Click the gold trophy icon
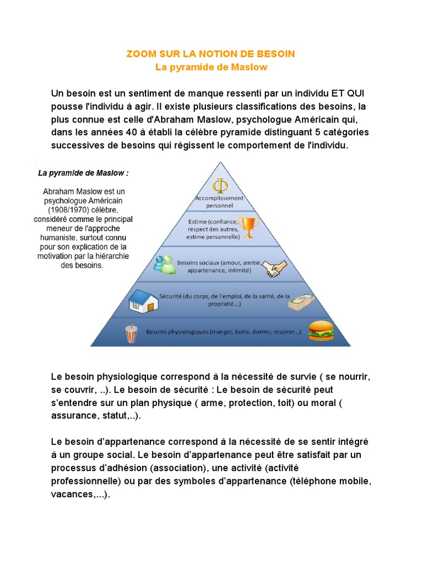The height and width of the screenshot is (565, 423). (x=250, y=226)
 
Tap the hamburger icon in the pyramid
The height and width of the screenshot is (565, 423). (x=321, y=331)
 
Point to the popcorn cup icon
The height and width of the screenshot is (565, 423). (x=131, y=333)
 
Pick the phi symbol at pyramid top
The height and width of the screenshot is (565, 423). (x=220, y=184)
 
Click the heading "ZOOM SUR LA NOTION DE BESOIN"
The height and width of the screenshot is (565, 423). (x=211, y=54)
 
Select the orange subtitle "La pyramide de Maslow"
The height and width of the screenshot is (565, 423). (x=211, y=68)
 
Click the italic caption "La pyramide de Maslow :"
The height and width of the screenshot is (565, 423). (x=83, y=173)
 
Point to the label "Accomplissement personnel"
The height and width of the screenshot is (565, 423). (x=219, y=202)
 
